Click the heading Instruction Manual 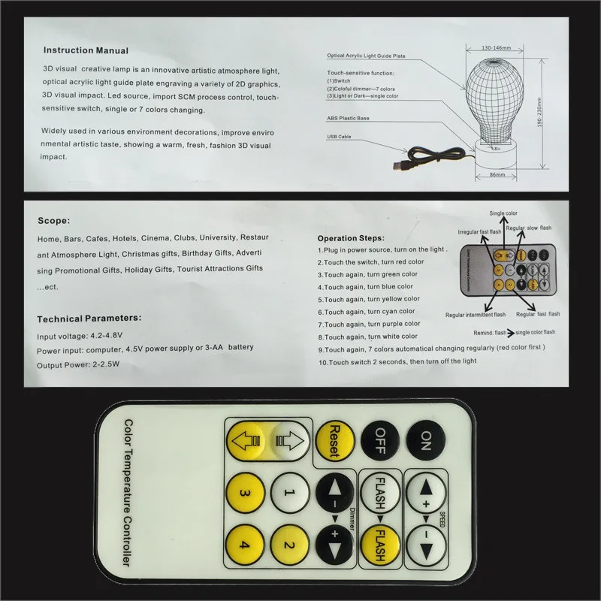click(x=86, y=51)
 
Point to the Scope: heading click(x=54, y=222)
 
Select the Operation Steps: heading click(x=351, y=238)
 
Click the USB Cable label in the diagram click(x=339, y=137)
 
